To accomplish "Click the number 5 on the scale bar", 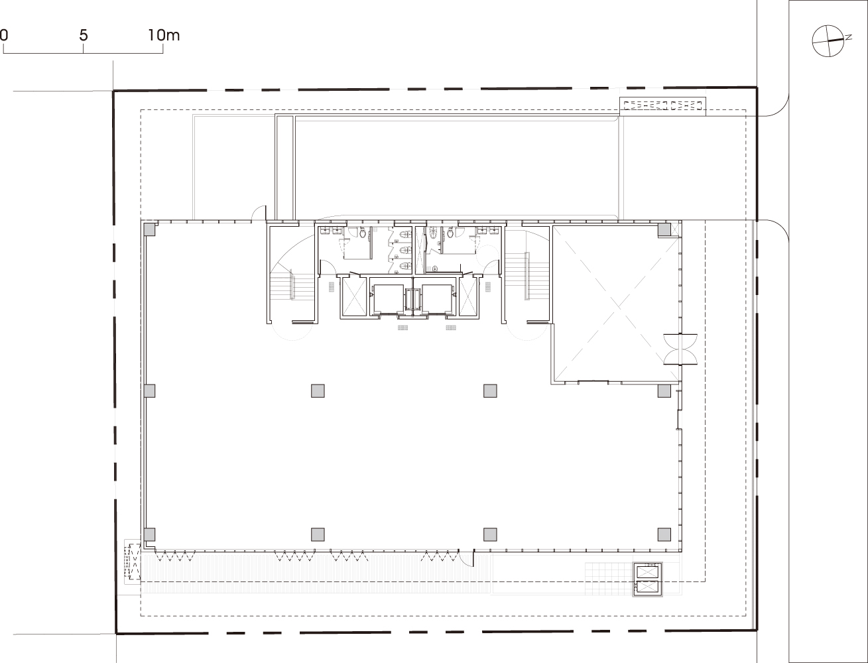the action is pyautogui.click(x=83, y=36).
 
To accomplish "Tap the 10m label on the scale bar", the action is pyautogui.click(x=164, y=36).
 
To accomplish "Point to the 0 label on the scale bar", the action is pyautogui.click(x=3, y=36).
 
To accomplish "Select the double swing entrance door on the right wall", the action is pyautogui.click(x=680, y=349).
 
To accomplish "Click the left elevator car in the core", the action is pyautogui.click(x=389, y=297).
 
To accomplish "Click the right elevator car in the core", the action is pyautogui.click(x=436, y=297).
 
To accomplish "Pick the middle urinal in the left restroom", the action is pyautogui.click(x=404, y=250).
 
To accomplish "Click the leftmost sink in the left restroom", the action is pyautogui.click(x=327, y=231).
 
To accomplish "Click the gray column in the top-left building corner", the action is pyautogui.click(x=149, y=229).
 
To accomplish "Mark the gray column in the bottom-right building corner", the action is pyautogui.click(x=664, y=534).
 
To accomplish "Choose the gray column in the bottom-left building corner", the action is pyautogui.click(x=149, y=534).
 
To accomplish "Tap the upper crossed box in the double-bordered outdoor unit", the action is pyautogui.click(x=647, y=572).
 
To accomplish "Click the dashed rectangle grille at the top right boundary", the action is pyautogui.click(x=662, y=105).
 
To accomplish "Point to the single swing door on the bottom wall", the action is pyautogui.click(x=467, y=558).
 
